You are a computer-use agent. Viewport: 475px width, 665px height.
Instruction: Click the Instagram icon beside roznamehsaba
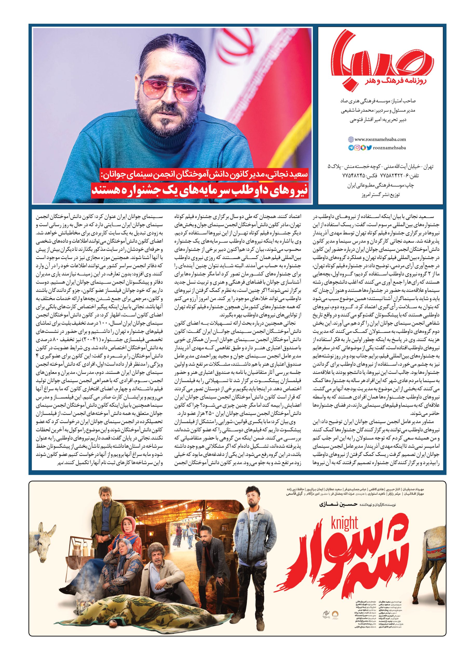coord(357,148)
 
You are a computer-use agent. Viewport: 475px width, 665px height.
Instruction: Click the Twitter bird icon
coord(369,148)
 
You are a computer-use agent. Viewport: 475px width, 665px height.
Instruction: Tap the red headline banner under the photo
coord(202,190)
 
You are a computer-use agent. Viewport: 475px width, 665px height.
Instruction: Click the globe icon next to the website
coord(351,140)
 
